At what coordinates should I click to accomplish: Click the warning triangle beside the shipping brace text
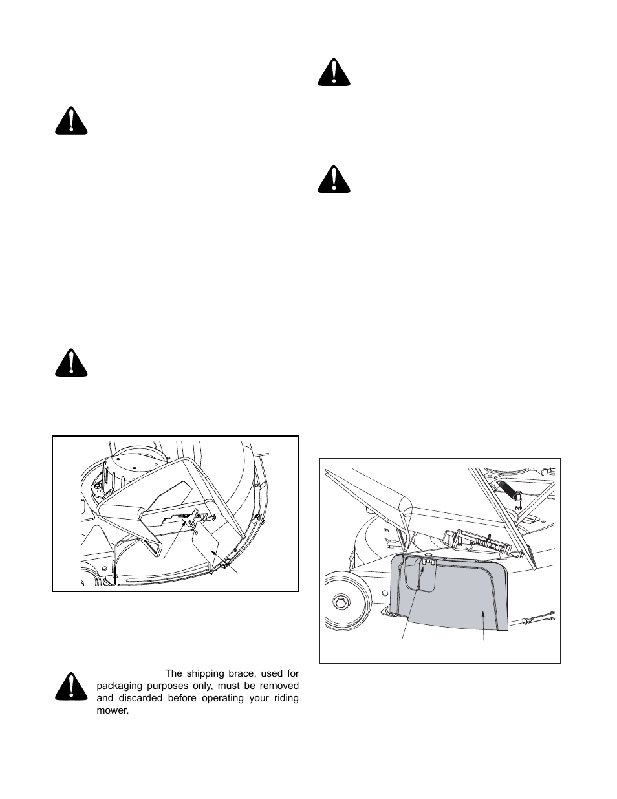(71, 688)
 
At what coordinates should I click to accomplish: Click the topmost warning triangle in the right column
(334, 73)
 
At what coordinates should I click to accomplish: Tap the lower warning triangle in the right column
(334, 180)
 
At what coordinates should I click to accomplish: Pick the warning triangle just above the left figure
(71, 363)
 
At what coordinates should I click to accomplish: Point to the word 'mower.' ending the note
(113, 710)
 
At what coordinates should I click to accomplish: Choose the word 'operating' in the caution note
(221, 698)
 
